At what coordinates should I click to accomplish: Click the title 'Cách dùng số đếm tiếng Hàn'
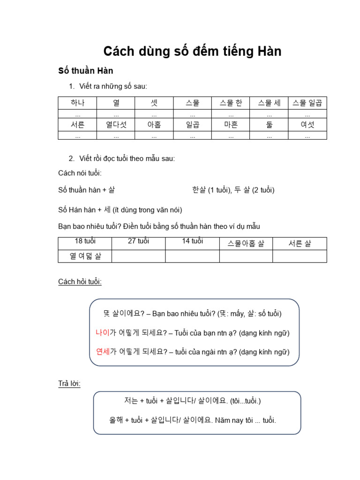click(192, 51)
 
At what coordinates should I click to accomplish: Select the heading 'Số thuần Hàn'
click(86, 71)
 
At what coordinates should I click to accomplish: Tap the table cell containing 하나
click(77, 103)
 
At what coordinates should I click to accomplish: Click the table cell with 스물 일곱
click(307, 103)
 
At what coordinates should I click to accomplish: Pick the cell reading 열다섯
click(116, 125)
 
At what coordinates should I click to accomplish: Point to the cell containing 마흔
click(231, 125)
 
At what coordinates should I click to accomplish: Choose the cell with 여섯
click(307, 125)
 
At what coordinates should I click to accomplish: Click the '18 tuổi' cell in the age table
click(85, 241)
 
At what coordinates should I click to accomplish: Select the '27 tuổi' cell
click(138, 241)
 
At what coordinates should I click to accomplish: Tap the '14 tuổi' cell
click(192, 241)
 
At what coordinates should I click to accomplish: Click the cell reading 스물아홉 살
click(246, 243)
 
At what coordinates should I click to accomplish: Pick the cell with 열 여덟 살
click(85, 256)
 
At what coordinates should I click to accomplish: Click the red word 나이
click(102, 333)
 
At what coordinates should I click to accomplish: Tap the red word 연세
click(103, 352)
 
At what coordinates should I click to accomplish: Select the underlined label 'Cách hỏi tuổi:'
click(80, 282)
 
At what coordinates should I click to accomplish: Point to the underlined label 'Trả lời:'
click(69, 384)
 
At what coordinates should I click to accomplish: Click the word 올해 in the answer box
click(116, 420)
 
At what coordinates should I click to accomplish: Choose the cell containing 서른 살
click(300, 243)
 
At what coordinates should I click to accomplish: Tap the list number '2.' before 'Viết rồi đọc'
click(72, 158)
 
